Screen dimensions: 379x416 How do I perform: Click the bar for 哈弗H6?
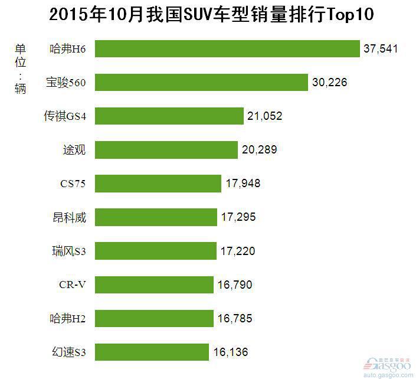click(x=227, y=48)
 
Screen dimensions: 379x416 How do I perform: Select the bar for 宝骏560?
click(x=201, y=82)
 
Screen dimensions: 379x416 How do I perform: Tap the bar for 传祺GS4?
click(x=169, y=116)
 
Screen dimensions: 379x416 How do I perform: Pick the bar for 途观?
click(x=166, y=149)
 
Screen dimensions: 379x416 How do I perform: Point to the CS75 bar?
click(x=158, y=183)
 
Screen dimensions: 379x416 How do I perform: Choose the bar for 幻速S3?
click(x=152, y=352)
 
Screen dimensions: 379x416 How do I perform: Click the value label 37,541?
click(x=381, y=48)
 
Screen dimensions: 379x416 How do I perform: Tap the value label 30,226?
click(x=329, y=82)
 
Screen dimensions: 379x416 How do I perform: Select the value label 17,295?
click(x=238, y=217)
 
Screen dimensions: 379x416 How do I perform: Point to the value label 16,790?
click(x=235, y=285)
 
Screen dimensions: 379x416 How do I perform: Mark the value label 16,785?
click(x=235, y=319)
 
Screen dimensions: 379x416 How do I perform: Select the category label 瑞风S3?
click(x=69, y=251)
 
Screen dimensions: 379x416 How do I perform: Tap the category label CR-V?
click(x=73, y=285)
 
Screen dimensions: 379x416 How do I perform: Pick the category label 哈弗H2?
click(x=68, y=319)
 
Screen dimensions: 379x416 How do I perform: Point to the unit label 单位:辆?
click(x=21, y=68)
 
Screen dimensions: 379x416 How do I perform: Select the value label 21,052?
click(x=265, y=116)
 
